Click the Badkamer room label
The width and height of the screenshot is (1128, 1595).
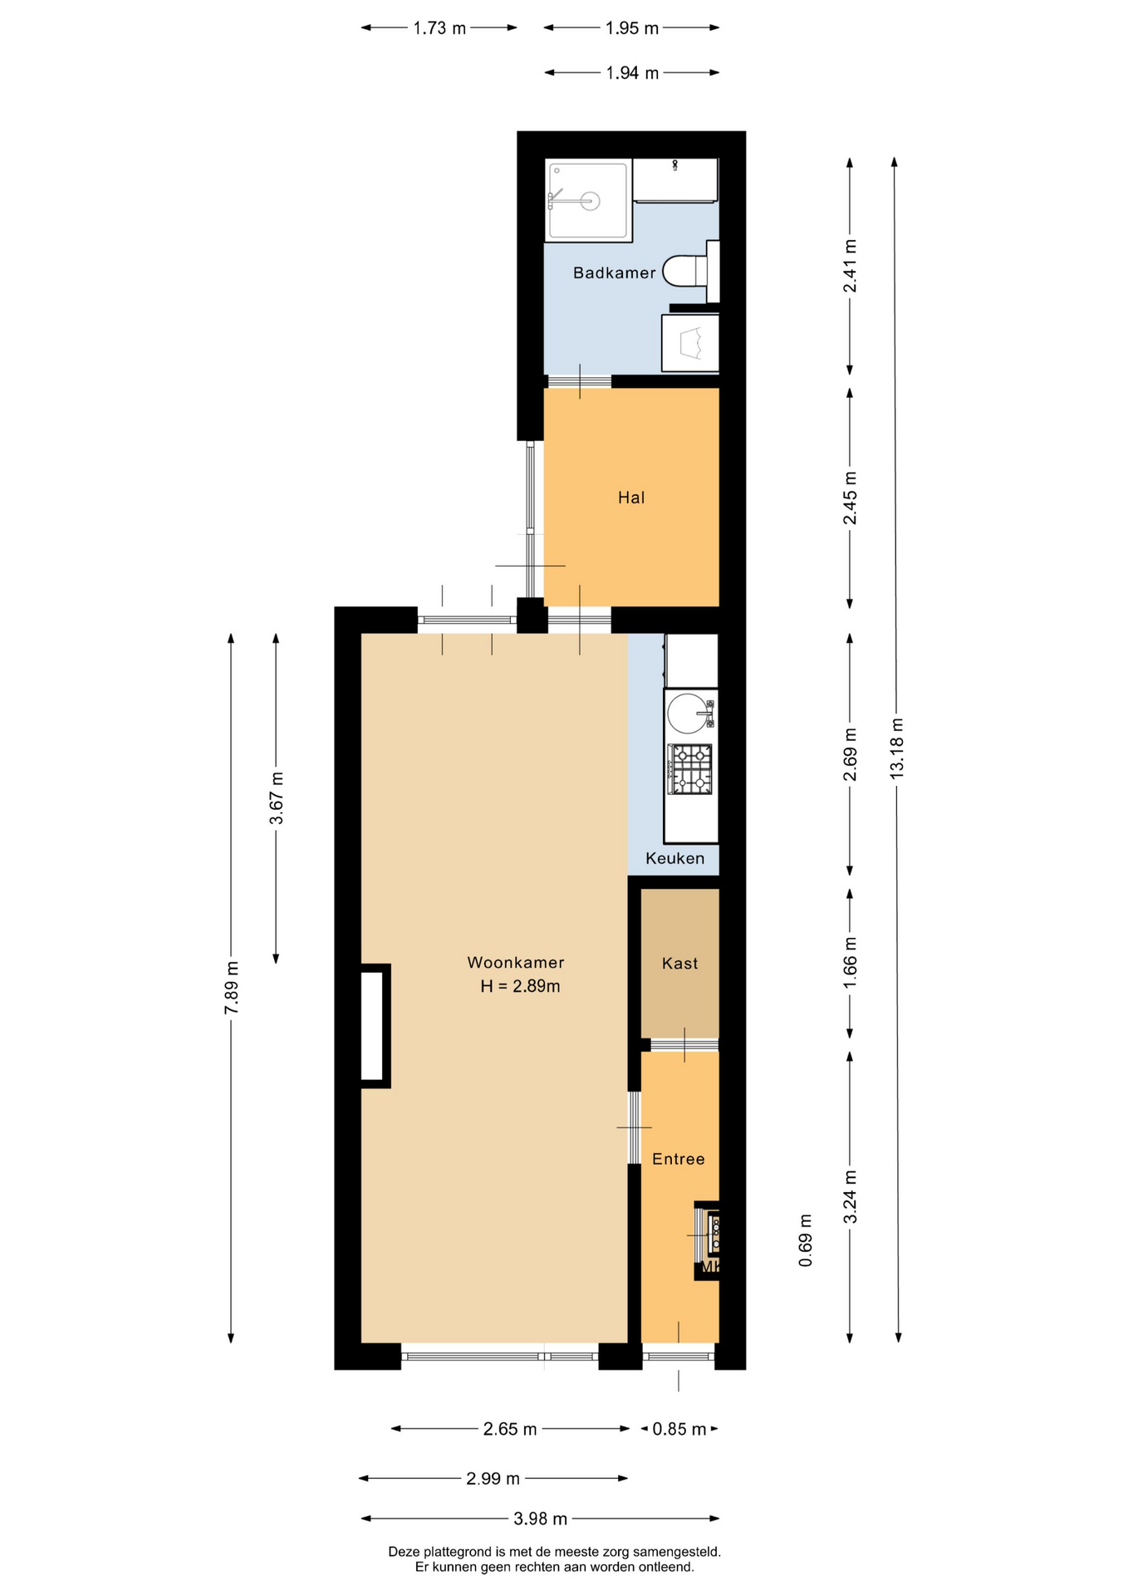coord(614,272)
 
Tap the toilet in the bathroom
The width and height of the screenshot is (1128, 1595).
coord(690,271)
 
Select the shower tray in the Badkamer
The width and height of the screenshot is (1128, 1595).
coord(588,200)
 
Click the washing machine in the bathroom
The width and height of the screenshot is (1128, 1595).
coord(690,342)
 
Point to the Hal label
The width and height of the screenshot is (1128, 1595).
coord(631,498)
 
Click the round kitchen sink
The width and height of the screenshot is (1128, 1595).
coord(688,714)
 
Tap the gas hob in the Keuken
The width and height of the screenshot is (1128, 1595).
coord(691,769)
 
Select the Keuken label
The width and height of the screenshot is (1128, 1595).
coord(674,858)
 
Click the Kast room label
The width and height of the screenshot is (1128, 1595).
coord(679,964)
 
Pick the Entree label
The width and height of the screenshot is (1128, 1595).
coord(678,1159)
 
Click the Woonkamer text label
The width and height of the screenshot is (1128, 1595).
coord(516,963)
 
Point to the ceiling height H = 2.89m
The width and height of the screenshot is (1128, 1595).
coord(520,986)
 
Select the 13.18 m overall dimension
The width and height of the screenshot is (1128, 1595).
coord(896,748)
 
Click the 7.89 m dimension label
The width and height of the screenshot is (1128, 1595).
coord(232,987)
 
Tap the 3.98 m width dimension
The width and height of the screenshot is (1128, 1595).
coord(540,1519)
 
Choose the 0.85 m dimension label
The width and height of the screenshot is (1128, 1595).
coord(679,1429)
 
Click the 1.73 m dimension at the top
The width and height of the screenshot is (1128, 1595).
coord(439,28)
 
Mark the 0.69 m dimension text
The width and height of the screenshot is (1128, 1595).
coord(805,1240)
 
